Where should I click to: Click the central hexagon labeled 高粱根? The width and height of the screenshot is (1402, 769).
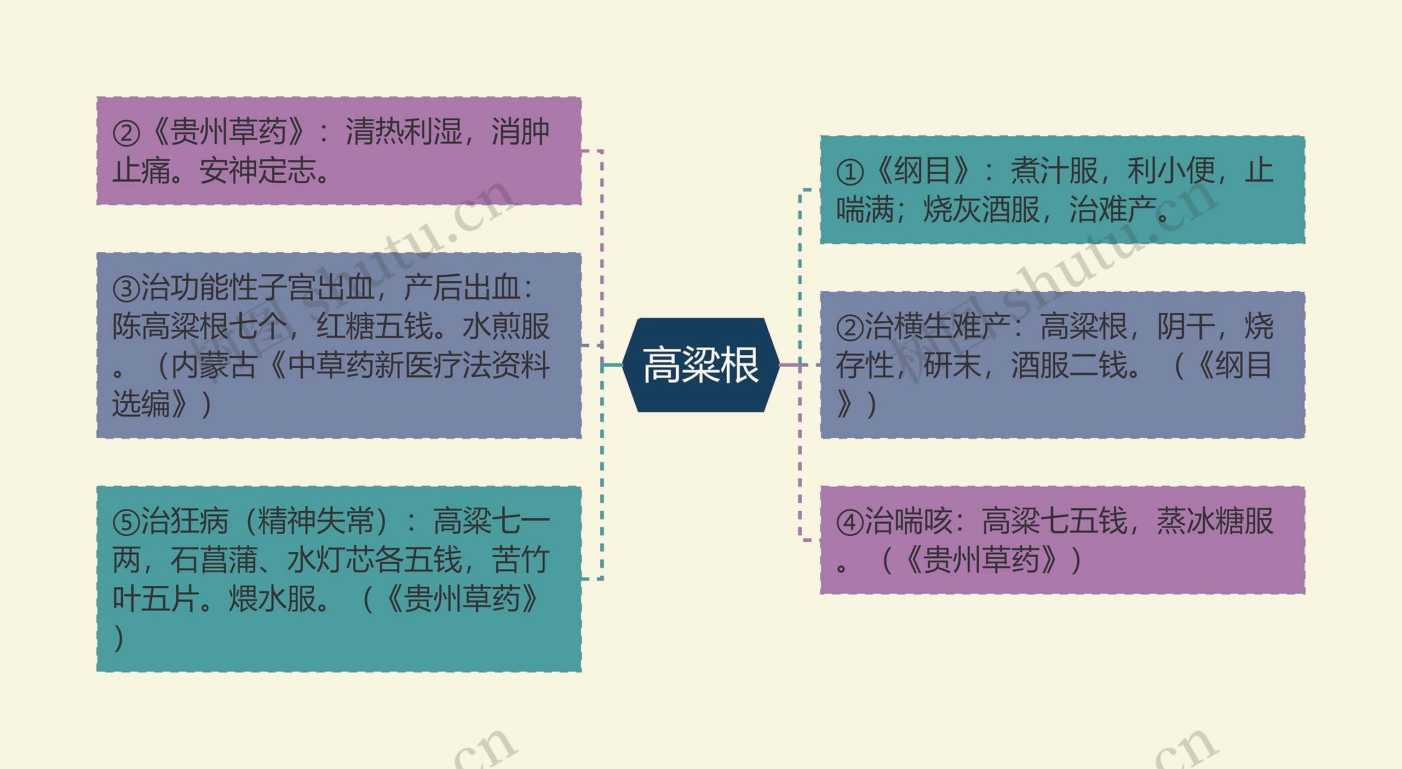(x=701, y=365)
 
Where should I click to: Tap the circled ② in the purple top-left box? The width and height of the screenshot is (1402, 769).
(x=127, y=134)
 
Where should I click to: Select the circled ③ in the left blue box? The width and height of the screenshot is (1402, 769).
(x=127, y=288)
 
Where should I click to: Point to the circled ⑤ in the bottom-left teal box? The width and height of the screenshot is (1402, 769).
(x=127, y=522)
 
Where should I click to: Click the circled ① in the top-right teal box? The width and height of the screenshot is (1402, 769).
(x=850, y=172)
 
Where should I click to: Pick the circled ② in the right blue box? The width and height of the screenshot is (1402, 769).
(x=850, y=327)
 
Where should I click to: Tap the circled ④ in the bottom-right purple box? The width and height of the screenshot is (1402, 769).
(x=850, y=522)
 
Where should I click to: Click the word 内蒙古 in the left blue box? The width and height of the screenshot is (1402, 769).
(x=214, y=366)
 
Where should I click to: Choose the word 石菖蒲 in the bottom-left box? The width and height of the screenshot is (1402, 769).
(x=214, y=560)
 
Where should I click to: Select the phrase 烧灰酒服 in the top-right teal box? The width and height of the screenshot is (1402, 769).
(x=981, y=210)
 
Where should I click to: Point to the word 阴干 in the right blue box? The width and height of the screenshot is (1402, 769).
(x=1185, y=327)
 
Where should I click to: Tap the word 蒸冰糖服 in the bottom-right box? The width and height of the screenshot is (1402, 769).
(x=1214, y=521)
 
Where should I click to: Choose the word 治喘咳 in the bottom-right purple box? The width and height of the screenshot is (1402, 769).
(x=908, y=521)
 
